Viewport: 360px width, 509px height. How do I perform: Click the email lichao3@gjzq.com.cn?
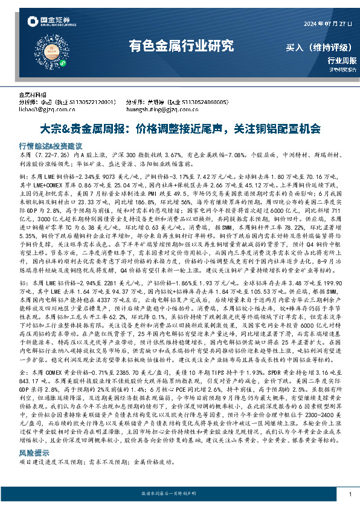pos(46,109)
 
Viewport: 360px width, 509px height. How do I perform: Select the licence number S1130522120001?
pos(90,103)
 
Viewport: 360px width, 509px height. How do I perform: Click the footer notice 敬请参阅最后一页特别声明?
pos(179,494)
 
